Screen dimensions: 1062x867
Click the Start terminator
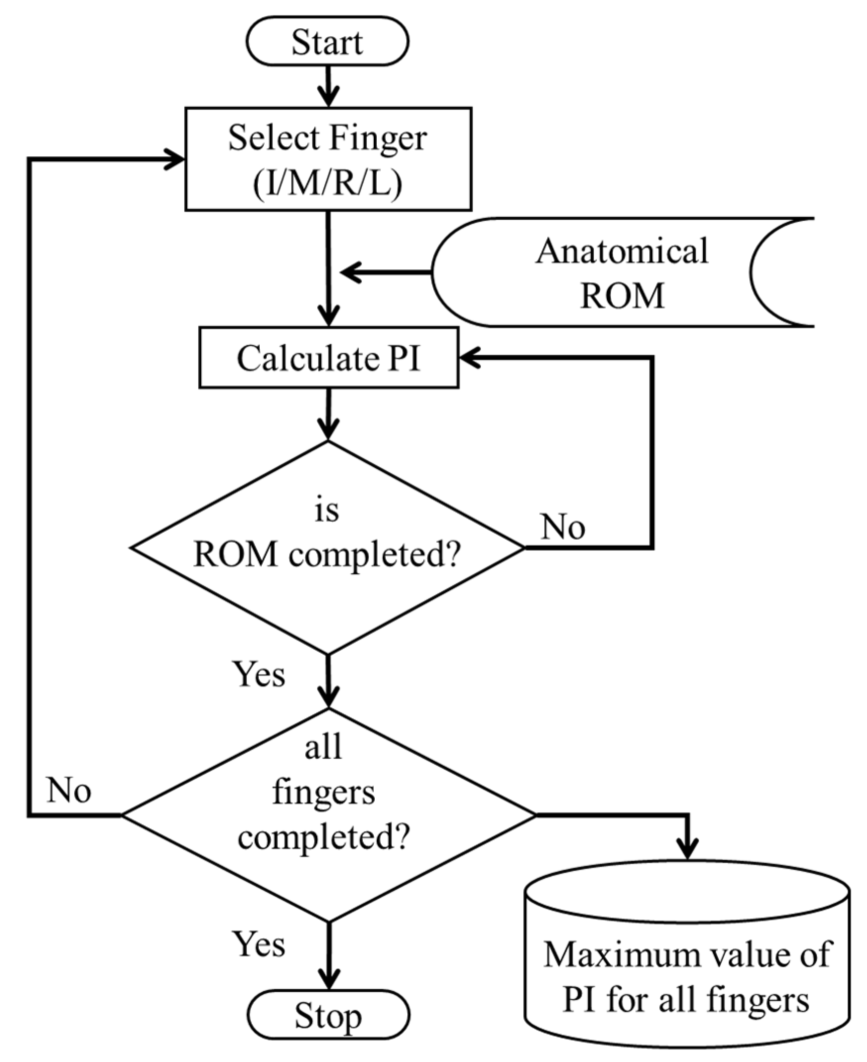327,42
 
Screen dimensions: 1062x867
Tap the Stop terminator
328,1015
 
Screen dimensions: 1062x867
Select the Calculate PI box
329,358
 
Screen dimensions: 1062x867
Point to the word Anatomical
622,250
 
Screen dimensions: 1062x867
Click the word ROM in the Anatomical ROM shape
622,295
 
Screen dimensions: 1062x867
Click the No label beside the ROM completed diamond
562,527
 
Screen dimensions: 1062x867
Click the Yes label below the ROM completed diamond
259,674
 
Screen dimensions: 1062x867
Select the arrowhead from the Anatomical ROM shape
349,272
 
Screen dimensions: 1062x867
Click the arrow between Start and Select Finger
328,86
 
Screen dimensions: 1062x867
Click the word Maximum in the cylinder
606,954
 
